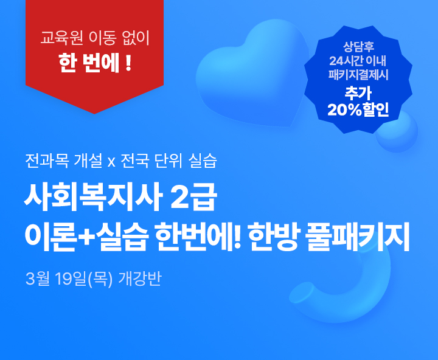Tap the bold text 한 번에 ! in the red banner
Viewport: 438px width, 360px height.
[x=94, y=63]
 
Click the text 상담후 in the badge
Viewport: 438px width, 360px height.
[x=358, y=47]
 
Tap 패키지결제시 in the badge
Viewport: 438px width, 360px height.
[x=358, y=76]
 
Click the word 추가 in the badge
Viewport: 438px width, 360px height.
[x=358, y=93]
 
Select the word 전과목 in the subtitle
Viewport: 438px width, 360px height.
[x=46, y=162]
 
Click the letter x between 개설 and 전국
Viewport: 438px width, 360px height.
[x=111, y=163]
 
